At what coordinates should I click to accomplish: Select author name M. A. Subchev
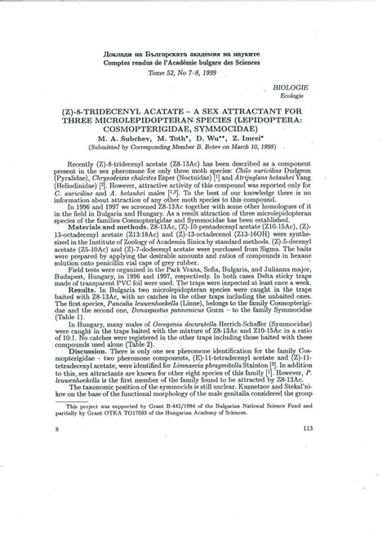(x=123, y=137)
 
